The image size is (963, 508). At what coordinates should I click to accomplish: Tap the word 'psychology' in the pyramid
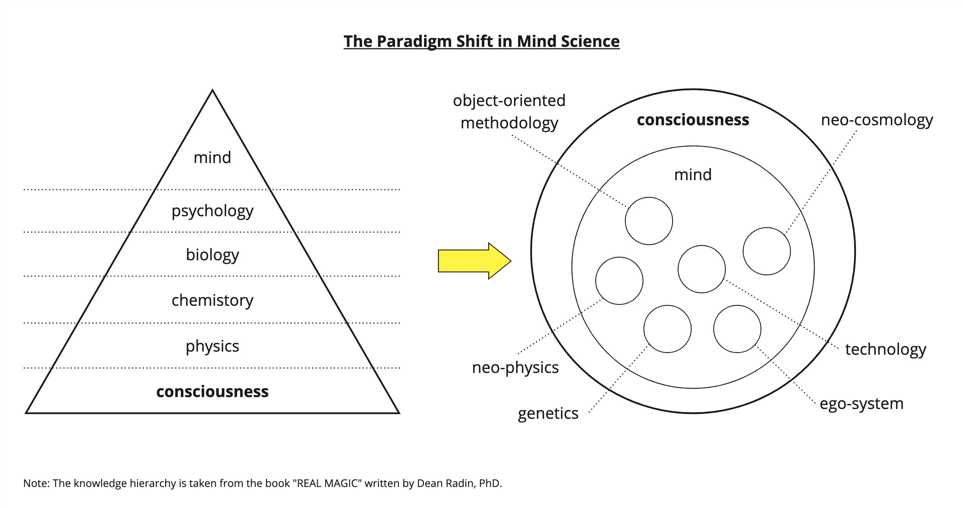pos(212,211)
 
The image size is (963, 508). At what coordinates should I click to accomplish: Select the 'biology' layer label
pos(212,255)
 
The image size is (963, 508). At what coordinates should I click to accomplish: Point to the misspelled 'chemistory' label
pos(212,300)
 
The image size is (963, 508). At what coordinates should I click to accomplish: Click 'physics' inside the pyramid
pos(212,346)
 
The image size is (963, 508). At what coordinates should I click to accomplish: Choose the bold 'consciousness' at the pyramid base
pos(212,391)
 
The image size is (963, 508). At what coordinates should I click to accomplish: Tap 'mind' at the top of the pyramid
pos(212,157)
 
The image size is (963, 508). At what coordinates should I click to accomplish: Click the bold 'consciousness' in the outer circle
pos(693,120)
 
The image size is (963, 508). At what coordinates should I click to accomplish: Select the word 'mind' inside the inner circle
pos(693,175)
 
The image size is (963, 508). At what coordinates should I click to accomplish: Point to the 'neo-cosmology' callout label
pos(877,120)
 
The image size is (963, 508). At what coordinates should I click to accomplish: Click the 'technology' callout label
pos(886,349)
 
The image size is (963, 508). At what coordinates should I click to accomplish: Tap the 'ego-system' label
pos(861,403)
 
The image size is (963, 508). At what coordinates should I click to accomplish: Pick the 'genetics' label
pos(548,414)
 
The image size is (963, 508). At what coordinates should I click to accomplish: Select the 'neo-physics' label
pos(515,367)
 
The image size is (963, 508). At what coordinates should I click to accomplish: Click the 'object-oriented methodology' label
pos(509,112)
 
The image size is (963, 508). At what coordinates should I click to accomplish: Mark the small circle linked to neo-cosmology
pos(766,251)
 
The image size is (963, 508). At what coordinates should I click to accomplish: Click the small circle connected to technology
pos(701,269)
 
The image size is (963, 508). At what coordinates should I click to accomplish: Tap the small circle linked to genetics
pos(667,329)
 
